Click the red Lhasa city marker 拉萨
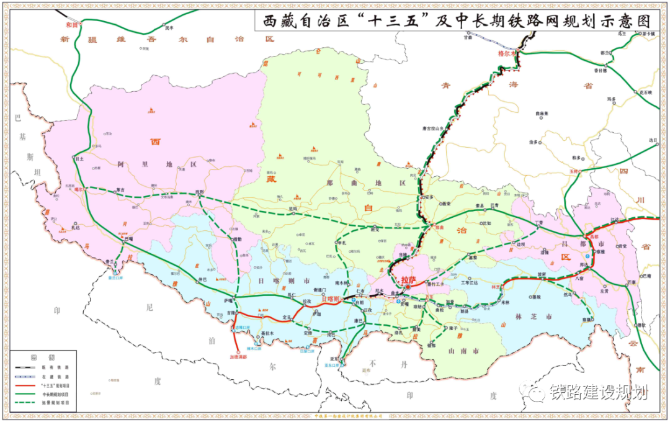coord(408,281)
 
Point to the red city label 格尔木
coord(507,53)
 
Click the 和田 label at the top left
coord(73,25)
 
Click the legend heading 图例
coord(42,358)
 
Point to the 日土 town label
coord(79,159)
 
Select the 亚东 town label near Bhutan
coord(335,359)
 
